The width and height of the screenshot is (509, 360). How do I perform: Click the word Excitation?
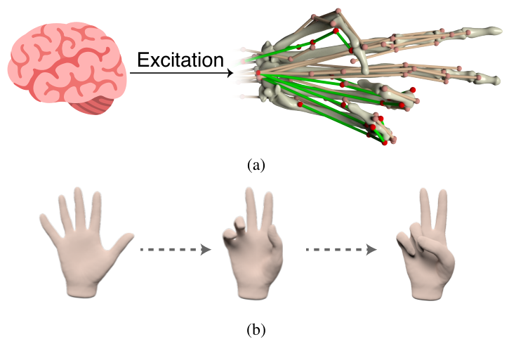click(x=179, y=60)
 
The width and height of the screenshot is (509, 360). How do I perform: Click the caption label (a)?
click(x=257, y=165)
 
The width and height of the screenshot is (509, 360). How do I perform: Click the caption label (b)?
click(x=257, y=328)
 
